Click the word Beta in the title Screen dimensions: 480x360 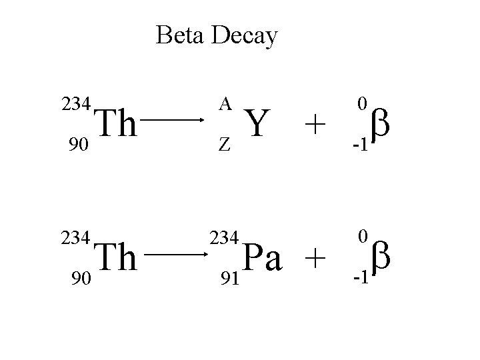coord(181,35)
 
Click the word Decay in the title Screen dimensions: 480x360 coord(244,37)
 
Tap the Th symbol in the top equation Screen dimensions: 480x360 coord(117,125)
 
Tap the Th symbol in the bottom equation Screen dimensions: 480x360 coord(117,259)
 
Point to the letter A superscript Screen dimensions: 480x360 coord(225,103)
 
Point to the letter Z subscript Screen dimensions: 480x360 coord(225,145)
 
